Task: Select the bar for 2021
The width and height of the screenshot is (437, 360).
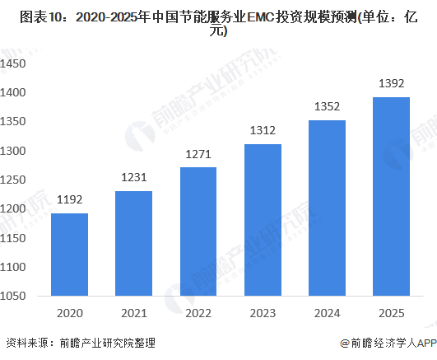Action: (x=133, y=243)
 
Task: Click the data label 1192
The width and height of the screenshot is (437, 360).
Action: (x=69, y=199)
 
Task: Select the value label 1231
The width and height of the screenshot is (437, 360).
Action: (x=133, y=177)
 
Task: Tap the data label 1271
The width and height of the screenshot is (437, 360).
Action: (x=198, y=153)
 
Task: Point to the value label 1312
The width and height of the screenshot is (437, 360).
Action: (x=263, y=130)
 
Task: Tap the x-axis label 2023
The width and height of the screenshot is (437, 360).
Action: (x=263, y=312)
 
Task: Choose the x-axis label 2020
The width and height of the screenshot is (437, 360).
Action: (x=69, y=312)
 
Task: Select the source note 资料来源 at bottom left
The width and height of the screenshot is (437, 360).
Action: (x=25, y=344)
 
